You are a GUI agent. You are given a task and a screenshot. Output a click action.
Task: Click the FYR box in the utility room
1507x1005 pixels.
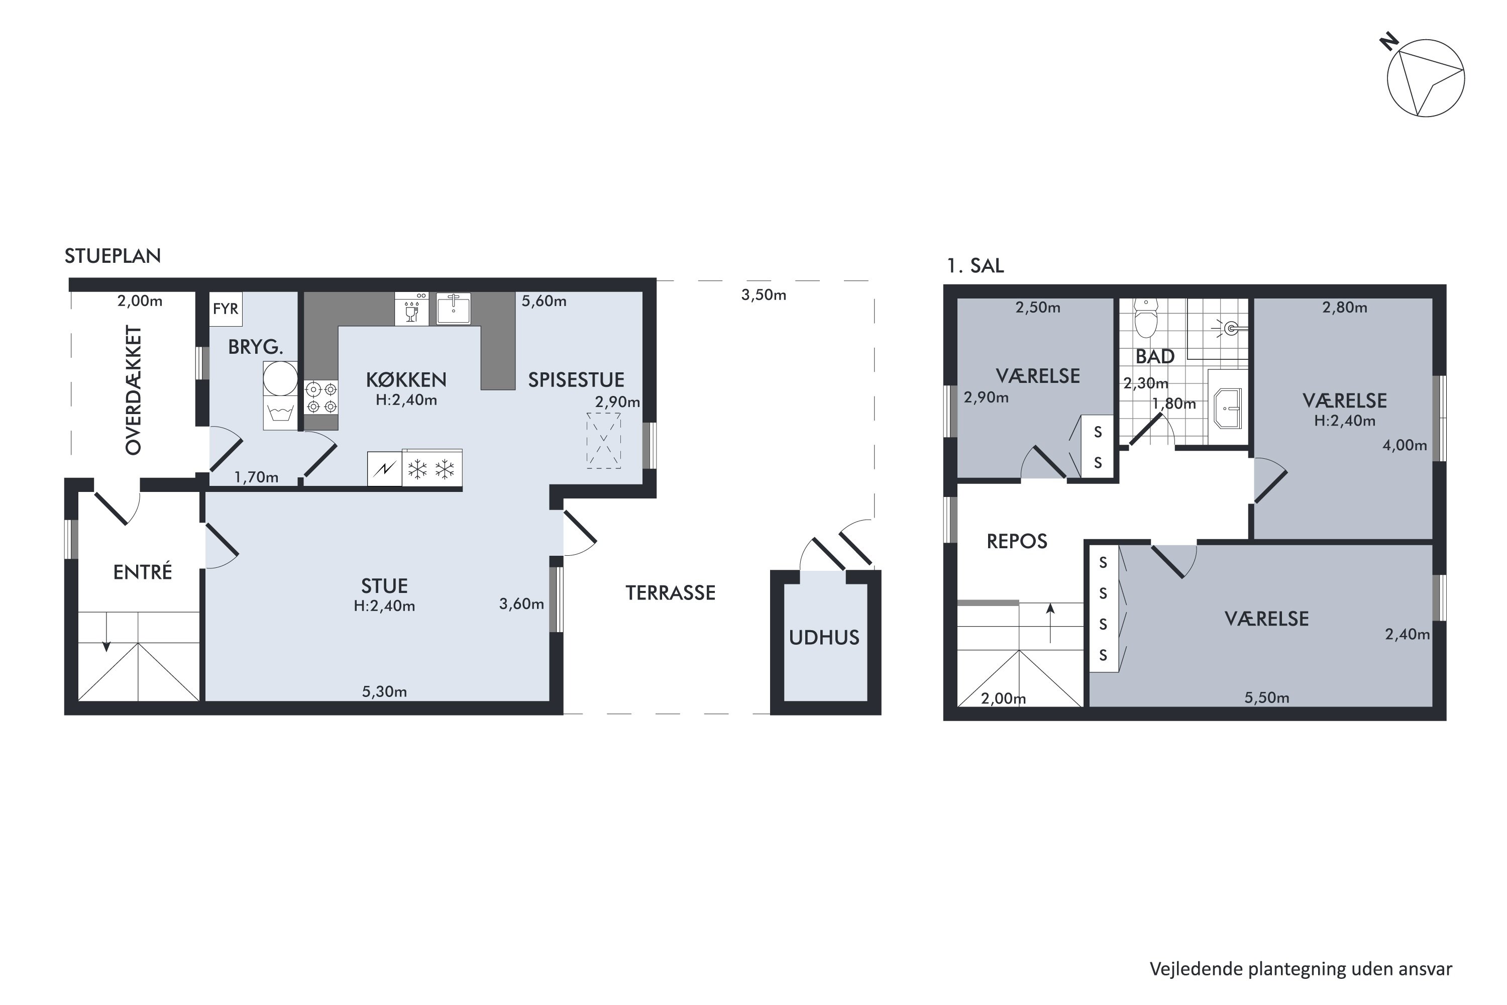(x=226, y=309)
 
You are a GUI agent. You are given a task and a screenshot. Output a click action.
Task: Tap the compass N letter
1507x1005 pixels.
(x=1388, y=42)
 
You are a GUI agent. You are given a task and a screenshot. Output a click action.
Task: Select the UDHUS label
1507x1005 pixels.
(x=824, y=638)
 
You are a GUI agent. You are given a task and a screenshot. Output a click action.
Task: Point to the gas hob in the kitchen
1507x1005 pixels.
(x=321, y=397)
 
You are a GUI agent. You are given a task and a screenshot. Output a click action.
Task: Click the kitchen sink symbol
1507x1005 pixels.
(x=454, y=309)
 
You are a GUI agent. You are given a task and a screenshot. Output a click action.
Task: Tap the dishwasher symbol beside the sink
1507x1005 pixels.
(x=412, y=309)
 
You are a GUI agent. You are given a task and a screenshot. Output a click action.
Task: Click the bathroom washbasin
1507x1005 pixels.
(x=1228, y=408)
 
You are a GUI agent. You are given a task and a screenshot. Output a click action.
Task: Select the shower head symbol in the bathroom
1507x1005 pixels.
(x=1231, y=329)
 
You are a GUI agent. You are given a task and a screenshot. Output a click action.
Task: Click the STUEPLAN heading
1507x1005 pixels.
(x=113, y=256)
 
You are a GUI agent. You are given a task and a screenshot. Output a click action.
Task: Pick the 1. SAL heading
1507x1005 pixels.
(x=975, y=265)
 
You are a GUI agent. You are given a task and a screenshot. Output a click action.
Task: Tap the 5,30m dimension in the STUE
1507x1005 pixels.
(x=384, y=691)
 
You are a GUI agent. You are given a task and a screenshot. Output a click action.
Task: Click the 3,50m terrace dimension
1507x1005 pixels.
(x=764, y=295)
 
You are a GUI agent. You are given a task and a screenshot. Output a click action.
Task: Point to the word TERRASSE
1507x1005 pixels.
(x=670, y=593)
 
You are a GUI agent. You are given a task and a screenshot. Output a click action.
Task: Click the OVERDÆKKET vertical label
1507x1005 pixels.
(x=133, y=390)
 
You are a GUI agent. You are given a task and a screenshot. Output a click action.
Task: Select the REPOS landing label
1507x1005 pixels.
(x=1017, y=542)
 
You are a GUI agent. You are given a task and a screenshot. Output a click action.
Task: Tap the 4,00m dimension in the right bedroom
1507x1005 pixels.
(x=1405, y=445)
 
